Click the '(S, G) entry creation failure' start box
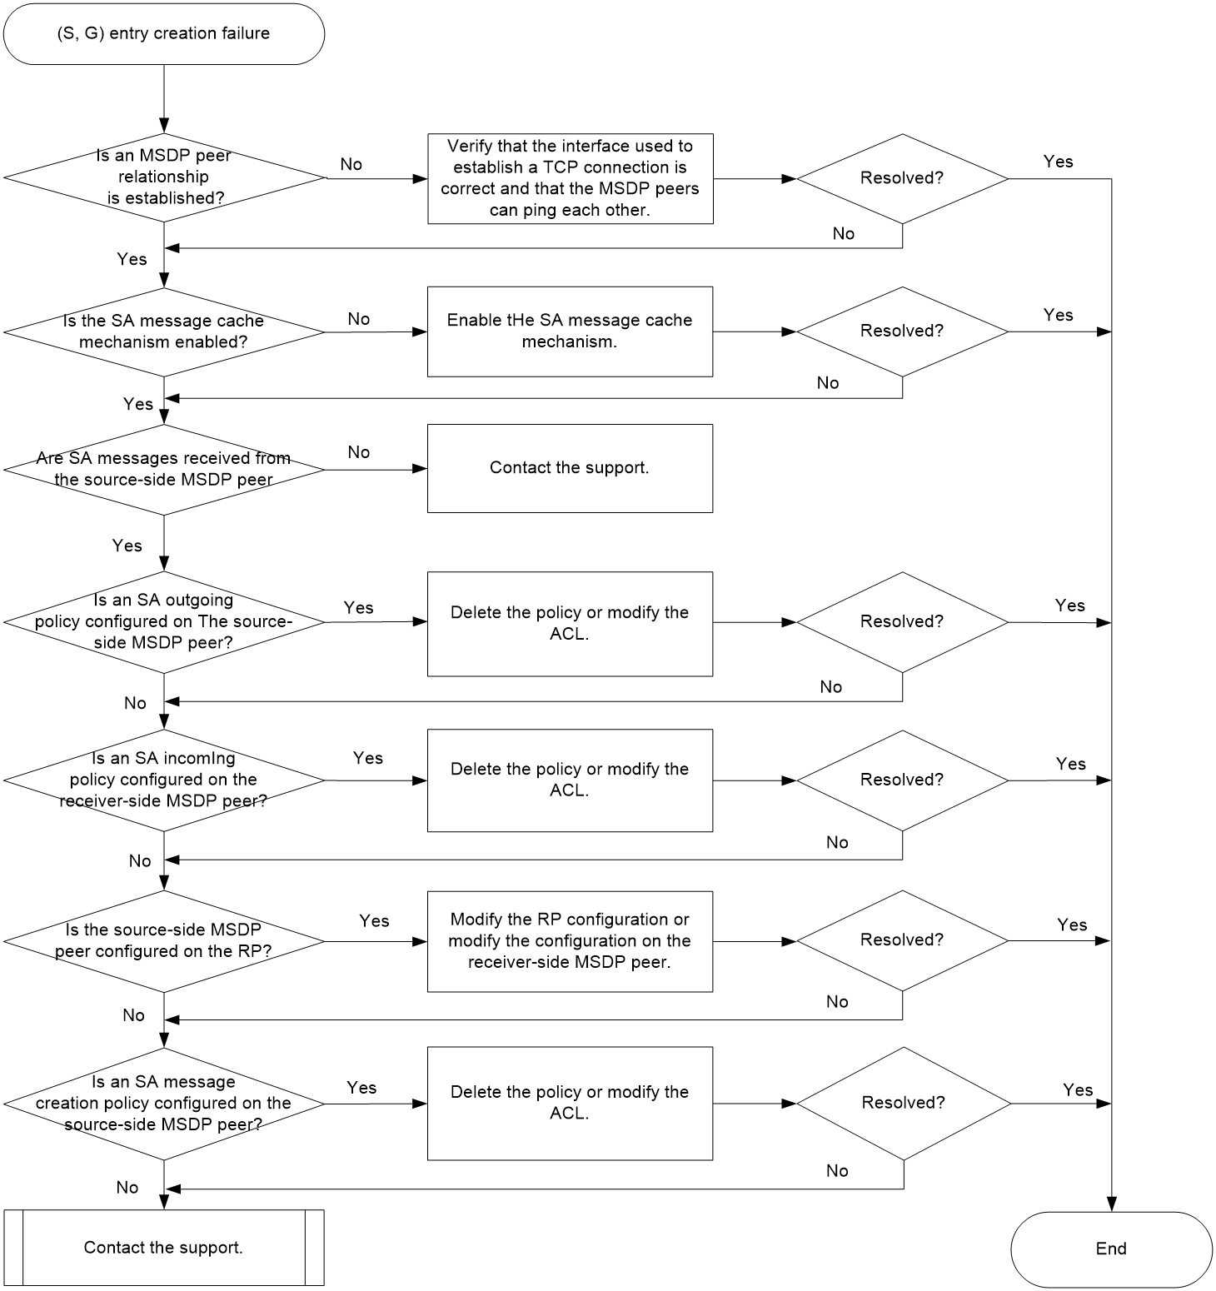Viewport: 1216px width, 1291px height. [x=164, y=33]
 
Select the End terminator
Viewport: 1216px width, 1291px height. [x=1111, y=1249]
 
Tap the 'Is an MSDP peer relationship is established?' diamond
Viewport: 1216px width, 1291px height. [x=164, y=177]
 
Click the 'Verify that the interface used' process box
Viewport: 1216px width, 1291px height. [x=571, y=178]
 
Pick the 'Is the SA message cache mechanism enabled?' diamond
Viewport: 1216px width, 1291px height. [x=164, y=331]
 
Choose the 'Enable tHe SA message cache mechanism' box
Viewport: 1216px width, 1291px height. [x=571, y=331]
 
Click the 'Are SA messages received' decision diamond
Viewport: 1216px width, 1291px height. [x=164, y=470]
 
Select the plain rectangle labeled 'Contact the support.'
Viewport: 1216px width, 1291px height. [x=571, y=468]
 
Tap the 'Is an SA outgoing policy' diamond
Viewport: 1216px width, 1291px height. [x=164, y=621]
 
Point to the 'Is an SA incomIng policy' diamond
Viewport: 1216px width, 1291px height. [x=164, y=780]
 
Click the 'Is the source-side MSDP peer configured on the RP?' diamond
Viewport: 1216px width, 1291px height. [x=164, y=941]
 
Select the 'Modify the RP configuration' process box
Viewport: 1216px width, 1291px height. [x=571, y=941]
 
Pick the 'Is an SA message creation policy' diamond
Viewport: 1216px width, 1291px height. [x=164, y=1104]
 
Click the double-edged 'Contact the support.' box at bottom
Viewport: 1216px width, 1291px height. [x=164, y=1248]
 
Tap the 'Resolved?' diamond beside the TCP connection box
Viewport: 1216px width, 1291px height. [x=902, y=178]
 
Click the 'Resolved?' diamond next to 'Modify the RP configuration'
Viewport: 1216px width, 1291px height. [x=902, y=941]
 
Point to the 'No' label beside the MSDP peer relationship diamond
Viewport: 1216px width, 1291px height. [x=351, y=164]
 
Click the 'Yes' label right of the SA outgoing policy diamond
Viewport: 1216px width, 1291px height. [x=359, y=608]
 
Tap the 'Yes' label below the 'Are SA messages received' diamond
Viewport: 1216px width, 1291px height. [x=127, y=546]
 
